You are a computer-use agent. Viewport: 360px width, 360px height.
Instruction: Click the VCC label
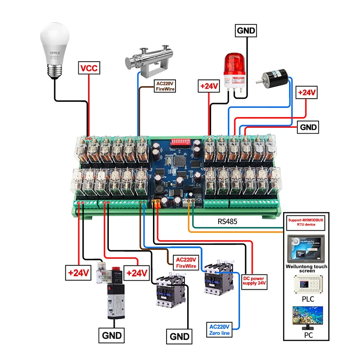pyautogui.click(x=89, y=68)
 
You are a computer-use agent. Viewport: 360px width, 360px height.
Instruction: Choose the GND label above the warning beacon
pyautogui.click(x=246, y=31)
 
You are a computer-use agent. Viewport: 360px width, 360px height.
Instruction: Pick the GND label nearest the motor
pyautogui.click(x=307, y=127)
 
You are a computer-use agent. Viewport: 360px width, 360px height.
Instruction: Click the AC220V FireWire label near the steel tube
pyautogui.click(x=165, y=86)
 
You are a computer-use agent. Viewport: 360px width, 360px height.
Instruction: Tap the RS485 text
pyautogui.click(x=227, y=221)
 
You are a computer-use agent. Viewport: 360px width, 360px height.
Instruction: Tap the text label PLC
pyautogui.click(x=308, y=298)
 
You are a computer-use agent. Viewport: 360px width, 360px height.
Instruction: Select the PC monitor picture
pyautogui.click(x=308, y=318)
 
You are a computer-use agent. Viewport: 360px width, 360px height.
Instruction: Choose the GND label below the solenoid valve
pyautogui.click(x=111, y=335)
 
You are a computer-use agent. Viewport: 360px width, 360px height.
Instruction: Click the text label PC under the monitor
pyautogui.click(x=308, y=335)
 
